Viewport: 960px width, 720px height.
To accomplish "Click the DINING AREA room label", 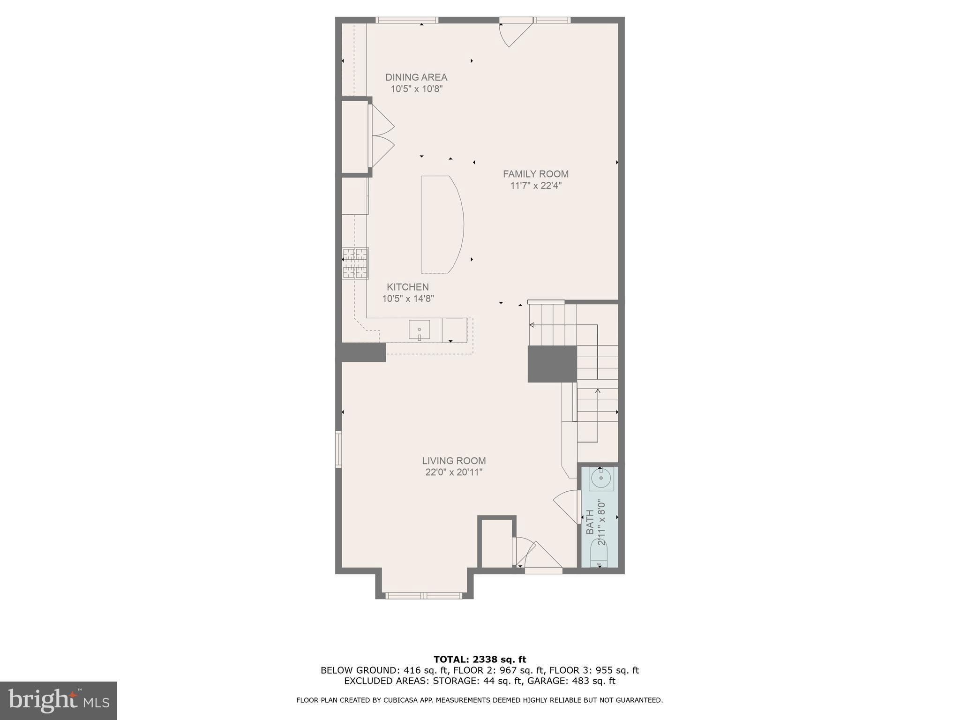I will click(416, 77).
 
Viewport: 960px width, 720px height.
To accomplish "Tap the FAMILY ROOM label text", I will click(535, 174).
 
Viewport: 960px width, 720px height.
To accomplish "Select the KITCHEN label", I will click(407, 287).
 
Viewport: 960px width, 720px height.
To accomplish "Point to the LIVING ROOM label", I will click(454, 461).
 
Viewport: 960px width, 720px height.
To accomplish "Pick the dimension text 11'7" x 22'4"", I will click(535, 186).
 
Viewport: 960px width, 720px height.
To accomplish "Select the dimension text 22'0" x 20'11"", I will click(454, 472).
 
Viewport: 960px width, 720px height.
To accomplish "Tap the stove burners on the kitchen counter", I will click(355, 263).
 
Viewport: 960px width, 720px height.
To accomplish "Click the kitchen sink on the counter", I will click(419, 330).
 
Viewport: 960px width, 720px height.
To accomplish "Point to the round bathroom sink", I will click(600, 479).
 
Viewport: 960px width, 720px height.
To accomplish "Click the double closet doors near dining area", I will click(382, 136).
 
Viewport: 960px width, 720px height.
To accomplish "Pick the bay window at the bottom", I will click(424, 595).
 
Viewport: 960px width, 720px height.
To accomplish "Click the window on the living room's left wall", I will click(338, 449).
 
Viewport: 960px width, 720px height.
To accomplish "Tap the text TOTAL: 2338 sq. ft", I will click(480, 660).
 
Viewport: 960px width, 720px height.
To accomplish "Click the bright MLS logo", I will click(59, 700).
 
